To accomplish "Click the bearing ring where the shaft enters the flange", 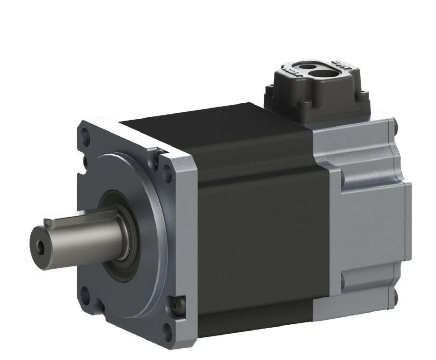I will pos(126,227).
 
